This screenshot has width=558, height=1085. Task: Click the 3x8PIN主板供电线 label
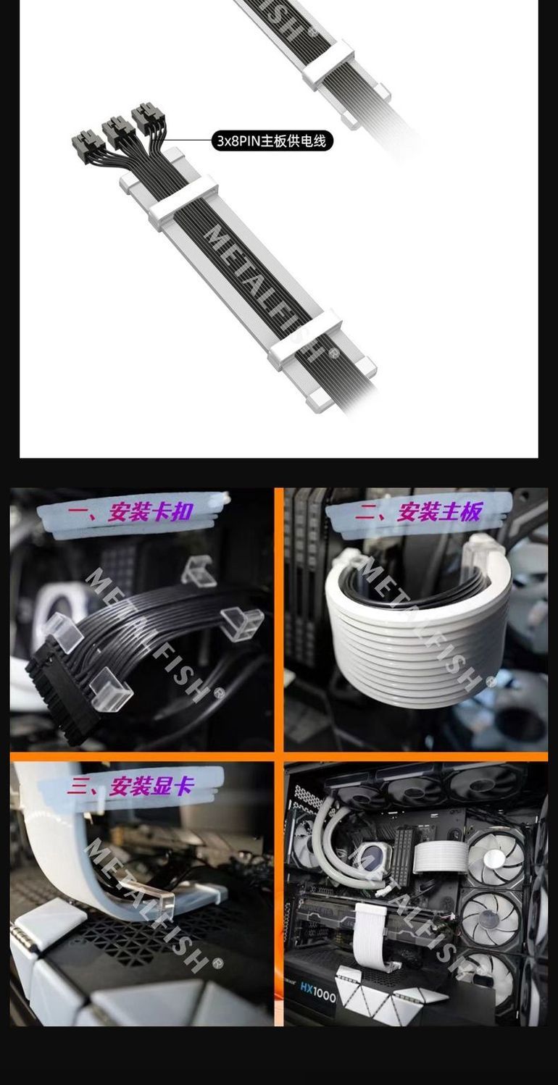(x=272, y=141)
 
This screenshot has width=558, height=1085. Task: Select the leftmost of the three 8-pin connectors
(x=88, y=141)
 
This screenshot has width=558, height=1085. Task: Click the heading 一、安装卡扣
(x=130, y=512)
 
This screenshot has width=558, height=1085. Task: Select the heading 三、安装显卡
(x=130, y=786)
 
